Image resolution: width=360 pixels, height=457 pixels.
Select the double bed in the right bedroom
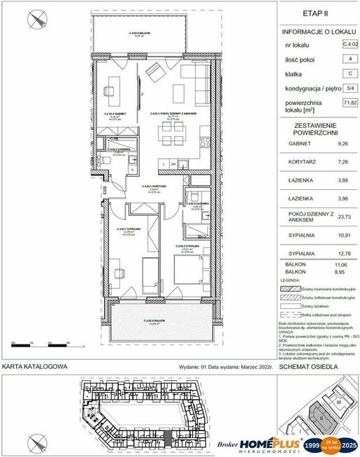(187, 273)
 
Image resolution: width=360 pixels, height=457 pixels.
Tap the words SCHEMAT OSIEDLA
(308, 366)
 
